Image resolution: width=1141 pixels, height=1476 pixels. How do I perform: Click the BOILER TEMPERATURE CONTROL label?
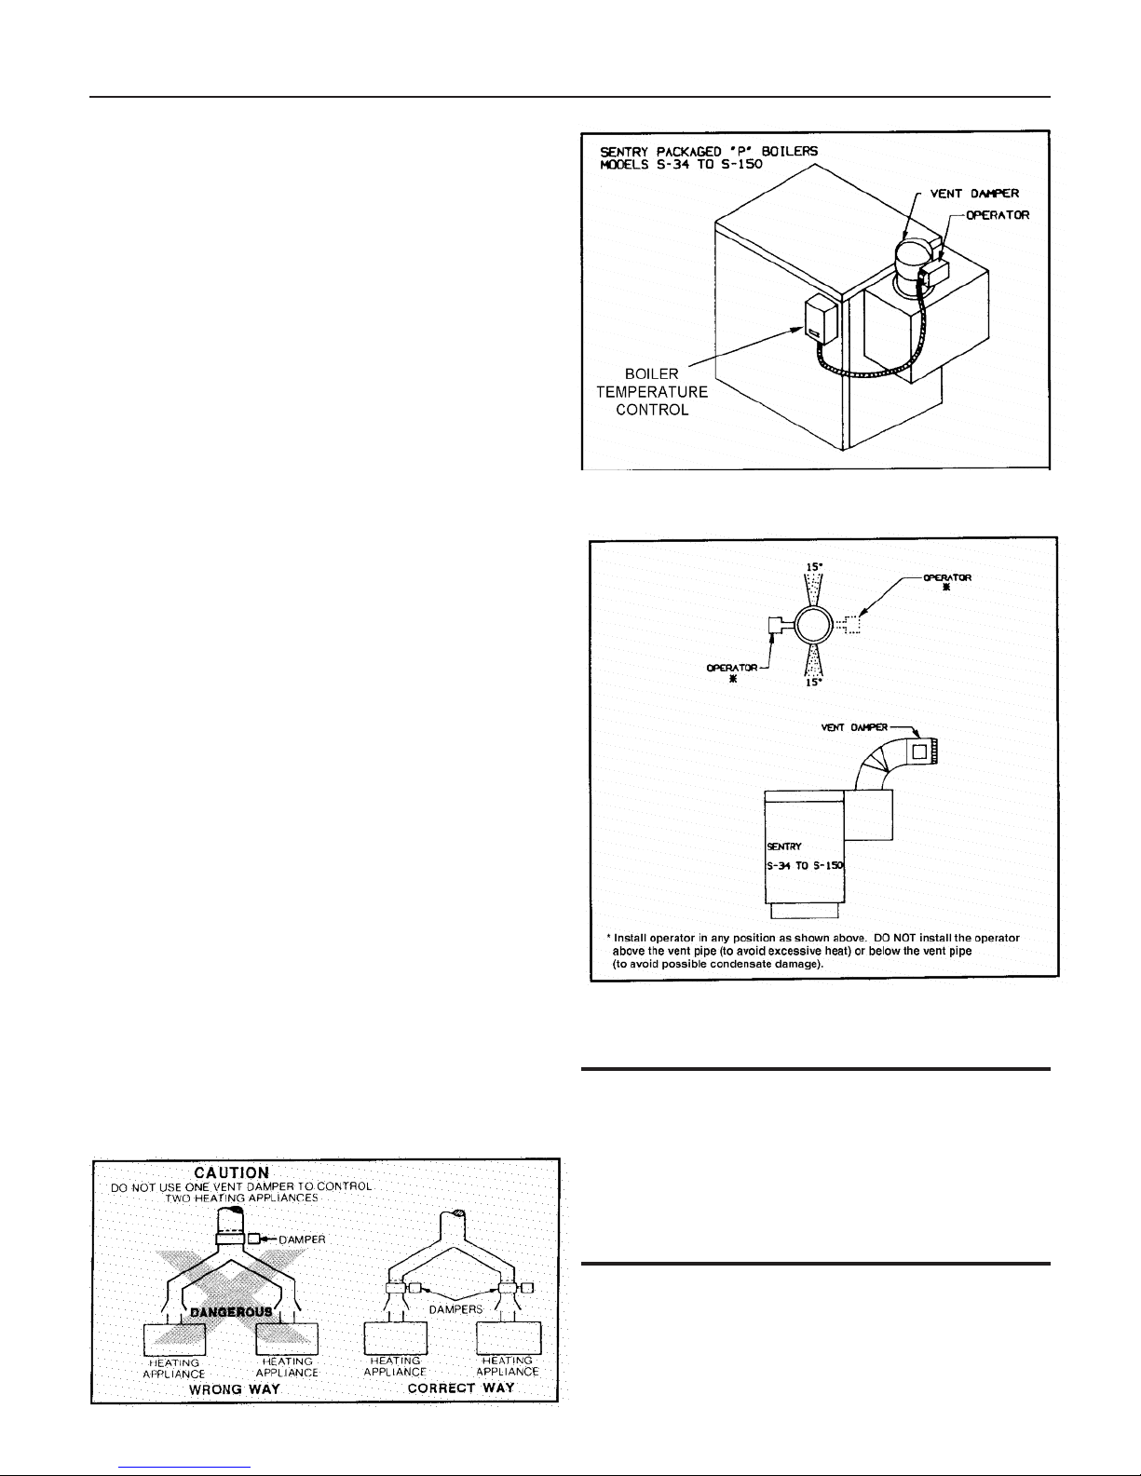(652, 392)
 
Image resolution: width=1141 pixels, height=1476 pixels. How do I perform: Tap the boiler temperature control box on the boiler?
(821, 319)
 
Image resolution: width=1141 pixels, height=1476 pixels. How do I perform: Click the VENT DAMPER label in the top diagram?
(974, 194)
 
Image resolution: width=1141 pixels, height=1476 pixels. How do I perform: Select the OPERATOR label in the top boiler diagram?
(998, 215)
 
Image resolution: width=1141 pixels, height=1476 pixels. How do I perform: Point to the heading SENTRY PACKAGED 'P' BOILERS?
(709, 152)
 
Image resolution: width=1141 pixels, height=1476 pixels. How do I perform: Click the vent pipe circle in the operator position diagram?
(814, 625)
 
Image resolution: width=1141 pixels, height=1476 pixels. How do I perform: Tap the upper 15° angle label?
(814, 566)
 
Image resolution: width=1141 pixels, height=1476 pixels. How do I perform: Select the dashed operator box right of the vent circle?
(851, 625)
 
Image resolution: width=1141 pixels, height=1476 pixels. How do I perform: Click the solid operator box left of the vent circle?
(775, 626)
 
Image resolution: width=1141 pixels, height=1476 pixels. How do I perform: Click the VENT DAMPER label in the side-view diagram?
(854, 727)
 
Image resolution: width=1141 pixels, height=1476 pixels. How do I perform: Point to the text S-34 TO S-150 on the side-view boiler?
(805, 866)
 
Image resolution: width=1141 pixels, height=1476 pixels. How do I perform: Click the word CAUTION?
(232, 1173)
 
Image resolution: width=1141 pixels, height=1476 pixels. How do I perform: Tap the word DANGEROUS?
(231, 1311)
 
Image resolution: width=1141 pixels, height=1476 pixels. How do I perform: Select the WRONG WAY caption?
(235, 1389)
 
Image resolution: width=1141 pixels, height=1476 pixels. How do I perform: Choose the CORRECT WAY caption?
(461, 1388)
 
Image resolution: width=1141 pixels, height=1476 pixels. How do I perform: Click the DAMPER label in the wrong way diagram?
(302, 1239)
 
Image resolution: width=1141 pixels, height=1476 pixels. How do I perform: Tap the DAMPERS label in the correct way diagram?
(455, 1309)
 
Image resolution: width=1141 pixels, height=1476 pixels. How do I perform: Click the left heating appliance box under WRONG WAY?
(174, 1339)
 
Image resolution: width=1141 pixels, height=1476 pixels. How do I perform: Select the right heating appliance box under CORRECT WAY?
(509, 1337)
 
